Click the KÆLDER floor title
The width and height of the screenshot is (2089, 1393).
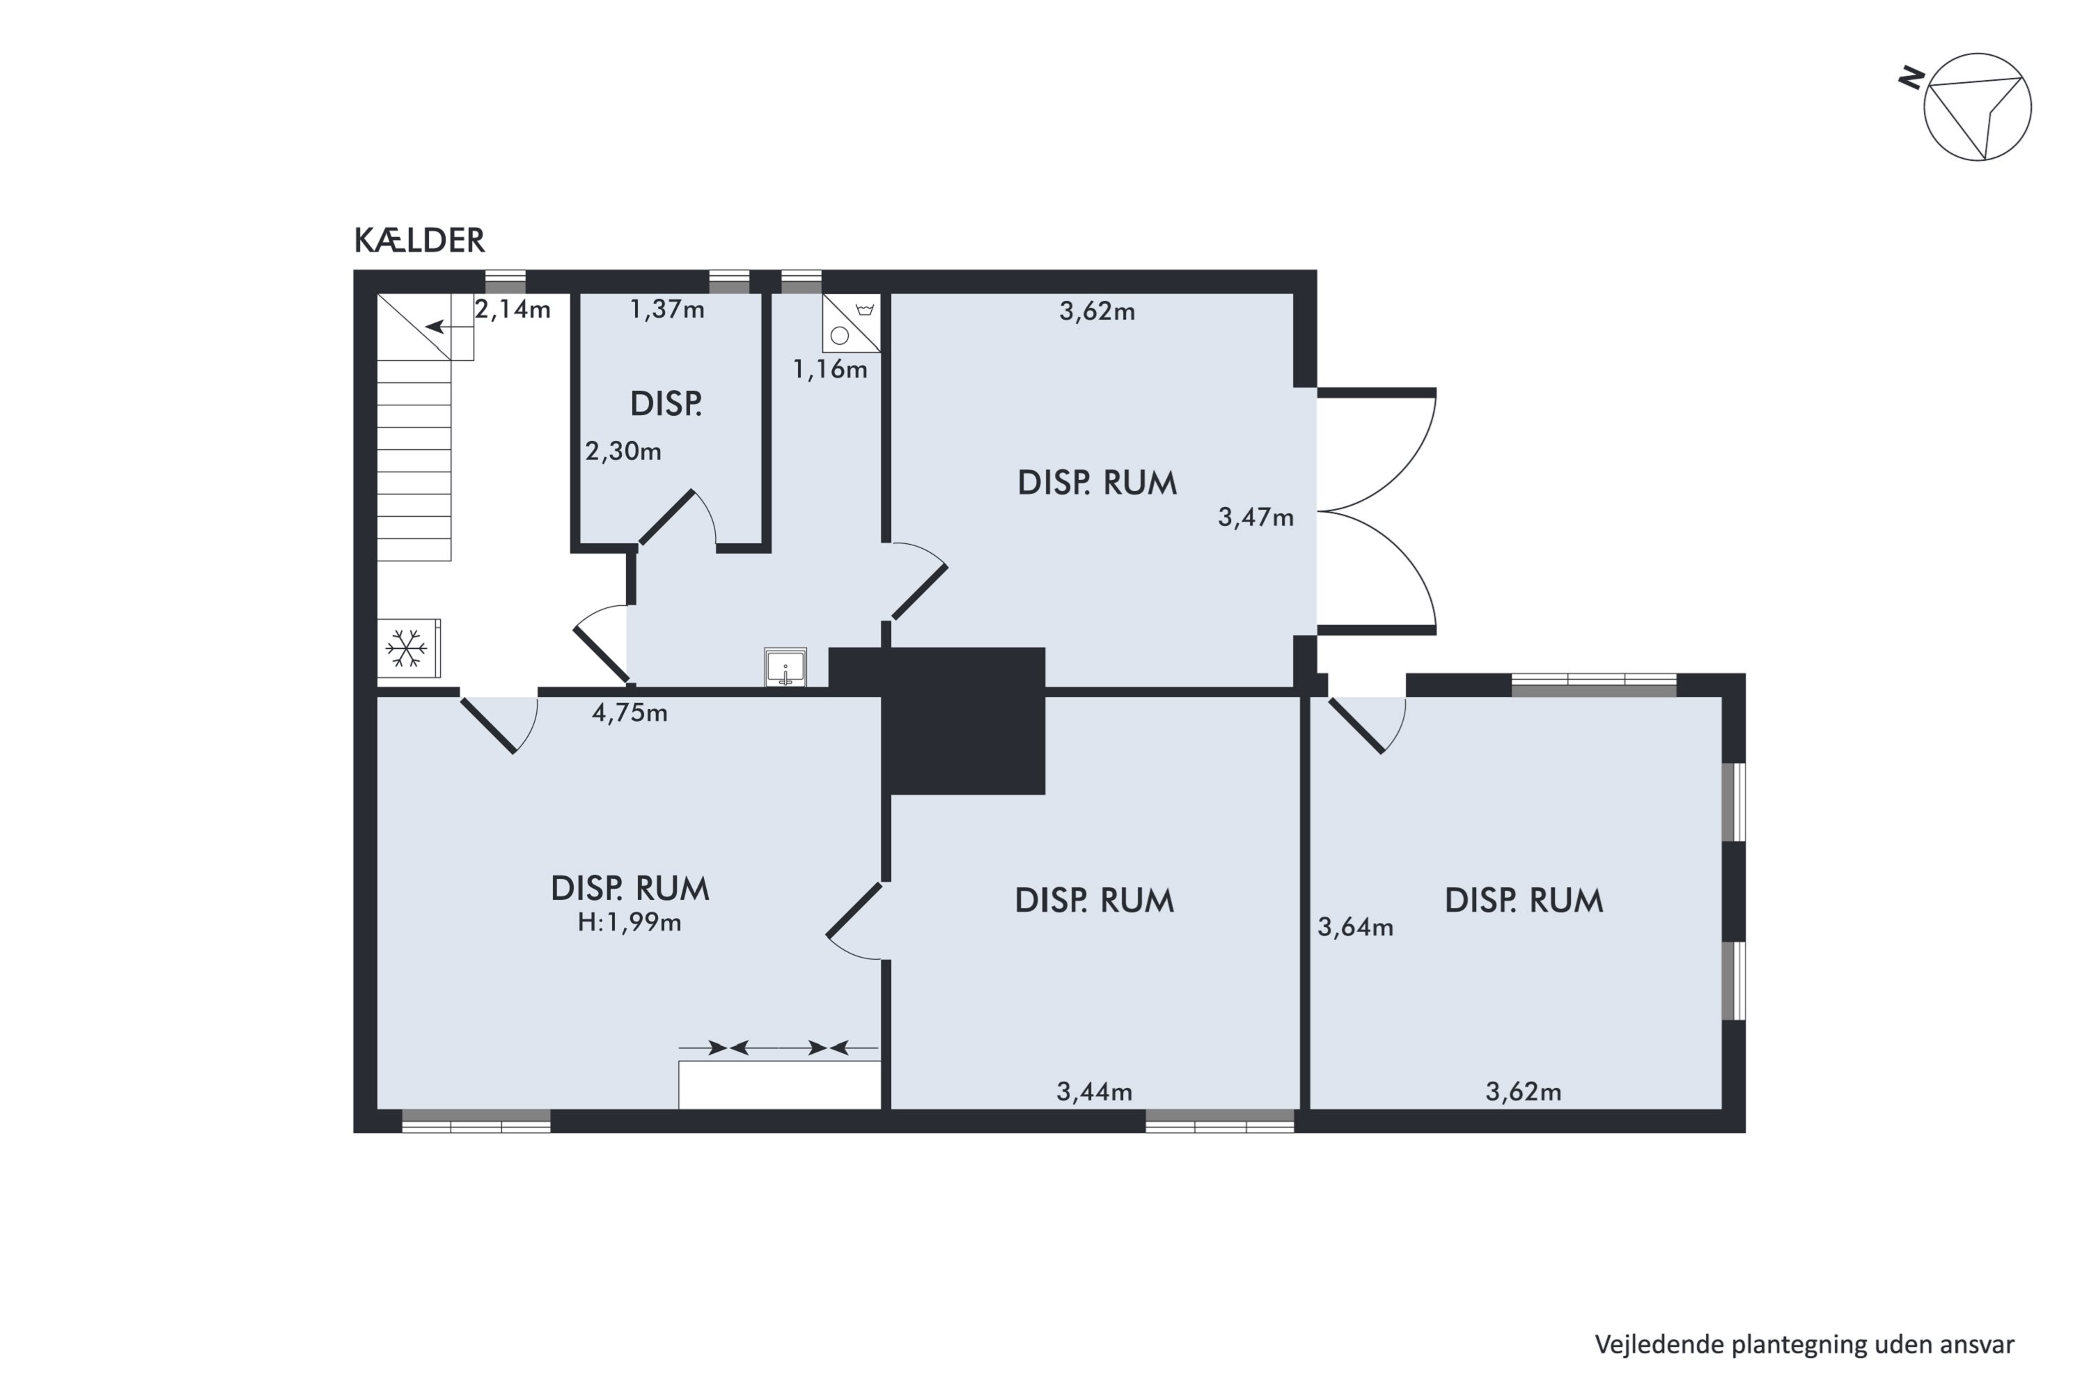pos(419,241)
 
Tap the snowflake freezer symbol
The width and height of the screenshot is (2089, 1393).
pos(407,648)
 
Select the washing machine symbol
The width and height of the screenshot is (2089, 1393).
pos(851,322)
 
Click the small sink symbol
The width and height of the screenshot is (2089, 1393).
pos(785,667)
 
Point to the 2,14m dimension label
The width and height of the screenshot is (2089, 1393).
pos(513,310)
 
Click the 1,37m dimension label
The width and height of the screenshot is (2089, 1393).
pos(667,310)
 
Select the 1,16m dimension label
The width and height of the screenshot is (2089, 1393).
pos(829,370)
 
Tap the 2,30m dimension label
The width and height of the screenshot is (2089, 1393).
pos(623,451)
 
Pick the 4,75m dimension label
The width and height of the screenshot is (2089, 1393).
pos(629,713)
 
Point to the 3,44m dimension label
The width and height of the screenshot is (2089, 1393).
pos(1094,1092)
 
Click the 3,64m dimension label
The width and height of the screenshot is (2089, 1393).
pos(1354,928)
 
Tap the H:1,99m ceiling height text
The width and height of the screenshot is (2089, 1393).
pos(629,923)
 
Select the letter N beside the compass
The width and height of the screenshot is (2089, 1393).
pos(1911,79)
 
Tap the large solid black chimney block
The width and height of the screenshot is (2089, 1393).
pos(964,722)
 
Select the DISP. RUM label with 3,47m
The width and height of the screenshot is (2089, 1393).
pos(1097,483)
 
